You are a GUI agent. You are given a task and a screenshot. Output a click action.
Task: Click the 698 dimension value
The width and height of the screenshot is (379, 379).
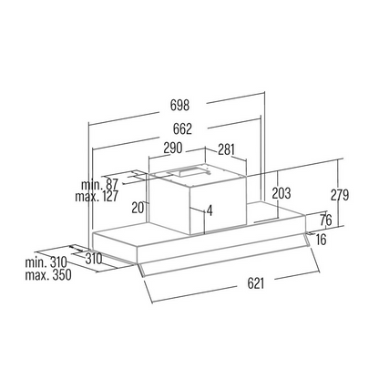(179, 105)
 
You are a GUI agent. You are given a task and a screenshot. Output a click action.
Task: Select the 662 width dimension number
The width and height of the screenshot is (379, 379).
(182, 128)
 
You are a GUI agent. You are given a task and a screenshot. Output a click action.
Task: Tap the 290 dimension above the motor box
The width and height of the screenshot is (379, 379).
(173, 148)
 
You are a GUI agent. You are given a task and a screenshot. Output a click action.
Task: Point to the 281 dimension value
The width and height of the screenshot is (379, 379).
(226, 149)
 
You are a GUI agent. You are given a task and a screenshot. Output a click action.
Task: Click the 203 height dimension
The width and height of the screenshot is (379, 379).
(282, 193)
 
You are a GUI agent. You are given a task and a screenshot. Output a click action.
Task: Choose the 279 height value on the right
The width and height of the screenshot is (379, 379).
(340, 195)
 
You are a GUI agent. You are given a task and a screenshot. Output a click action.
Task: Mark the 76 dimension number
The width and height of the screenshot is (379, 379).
(326, 220)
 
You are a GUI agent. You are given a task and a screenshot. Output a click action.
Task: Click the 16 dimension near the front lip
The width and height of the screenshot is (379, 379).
(322, 240)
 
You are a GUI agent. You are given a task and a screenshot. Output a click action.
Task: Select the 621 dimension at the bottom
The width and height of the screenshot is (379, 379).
(256, 283)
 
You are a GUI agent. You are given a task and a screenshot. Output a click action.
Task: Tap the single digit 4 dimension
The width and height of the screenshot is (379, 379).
(210, 210)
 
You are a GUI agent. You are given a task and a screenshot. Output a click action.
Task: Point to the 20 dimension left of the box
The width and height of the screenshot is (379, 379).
(138, 208)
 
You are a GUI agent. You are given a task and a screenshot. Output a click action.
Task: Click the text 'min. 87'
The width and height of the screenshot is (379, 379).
(99, 185)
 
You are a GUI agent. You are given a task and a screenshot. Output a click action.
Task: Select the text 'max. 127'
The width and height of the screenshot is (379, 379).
(97, 197)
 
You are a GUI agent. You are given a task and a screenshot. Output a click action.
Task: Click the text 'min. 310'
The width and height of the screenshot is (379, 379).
(46, 262)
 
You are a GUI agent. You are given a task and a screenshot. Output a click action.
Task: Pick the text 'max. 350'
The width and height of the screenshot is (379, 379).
(48, 275)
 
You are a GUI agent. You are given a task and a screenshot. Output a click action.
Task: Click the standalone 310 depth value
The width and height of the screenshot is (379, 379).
(93, 259)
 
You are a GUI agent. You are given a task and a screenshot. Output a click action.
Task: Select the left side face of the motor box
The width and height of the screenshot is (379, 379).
(169, 204)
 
